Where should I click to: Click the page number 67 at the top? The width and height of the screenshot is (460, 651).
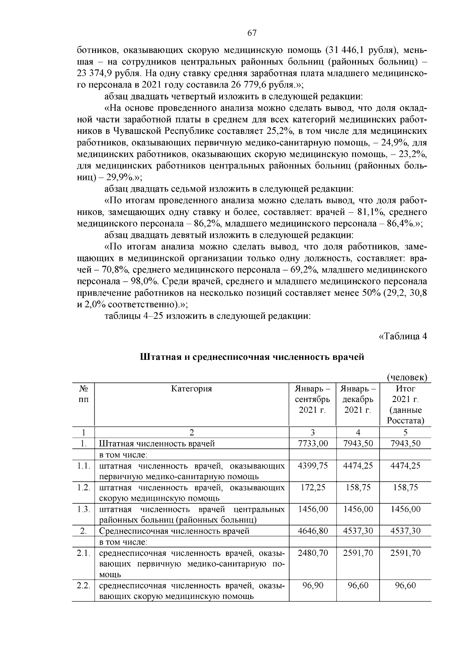click(x=252, y=33)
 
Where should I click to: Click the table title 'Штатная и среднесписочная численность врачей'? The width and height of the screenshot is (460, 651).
click(x=252, y=357)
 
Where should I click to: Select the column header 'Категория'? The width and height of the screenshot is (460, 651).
click(x=191, y=389)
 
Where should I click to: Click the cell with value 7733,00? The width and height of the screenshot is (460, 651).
click(x=312, y=443)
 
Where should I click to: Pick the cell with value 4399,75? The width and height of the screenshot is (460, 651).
click(x=312, y=466)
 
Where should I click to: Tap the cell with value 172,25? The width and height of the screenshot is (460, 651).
click(x=312, y=488)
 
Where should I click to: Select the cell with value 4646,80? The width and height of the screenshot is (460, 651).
click(x=312, y=531)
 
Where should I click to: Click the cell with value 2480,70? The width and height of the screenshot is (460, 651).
click(x=312, y=553)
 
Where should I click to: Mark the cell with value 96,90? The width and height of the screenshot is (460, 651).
click(x=312, y=586)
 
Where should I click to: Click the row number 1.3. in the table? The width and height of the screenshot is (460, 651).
click(x=83, y=509)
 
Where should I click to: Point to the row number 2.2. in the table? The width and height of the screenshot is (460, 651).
click(x=83, y=586)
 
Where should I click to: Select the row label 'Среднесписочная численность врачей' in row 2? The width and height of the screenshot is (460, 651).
click(x=174, y=531)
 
